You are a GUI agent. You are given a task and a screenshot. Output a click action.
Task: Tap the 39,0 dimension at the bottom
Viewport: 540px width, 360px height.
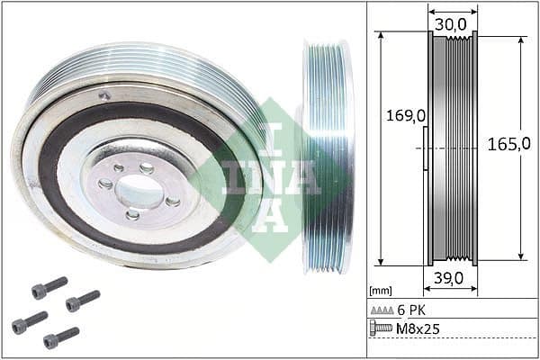(x=451, y=280)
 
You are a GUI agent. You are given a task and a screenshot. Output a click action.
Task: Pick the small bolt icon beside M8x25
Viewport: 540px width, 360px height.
(x=382, y=328)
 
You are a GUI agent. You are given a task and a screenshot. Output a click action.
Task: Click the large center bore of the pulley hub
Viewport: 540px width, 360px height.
(x=139, y=191)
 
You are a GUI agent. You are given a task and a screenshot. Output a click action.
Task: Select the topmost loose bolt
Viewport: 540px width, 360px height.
(x=49, y=288)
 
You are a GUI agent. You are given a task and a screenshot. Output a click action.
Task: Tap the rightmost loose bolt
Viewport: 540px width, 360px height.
(x=82, y=300)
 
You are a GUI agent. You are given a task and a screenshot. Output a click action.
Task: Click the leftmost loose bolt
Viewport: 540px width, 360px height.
(x=29, y=322)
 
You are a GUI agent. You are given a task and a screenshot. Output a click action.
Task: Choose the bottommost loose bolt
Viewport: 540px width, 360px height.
(x=61, y=337)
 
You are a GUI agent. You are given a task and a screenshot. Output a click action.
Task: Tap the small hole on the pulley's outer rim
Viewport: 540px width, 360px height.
(x=105, y=95)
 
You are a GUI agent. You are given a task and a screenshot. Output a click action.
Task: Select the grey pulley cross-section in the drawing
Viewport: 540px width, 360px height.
(x=452, y=148)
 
